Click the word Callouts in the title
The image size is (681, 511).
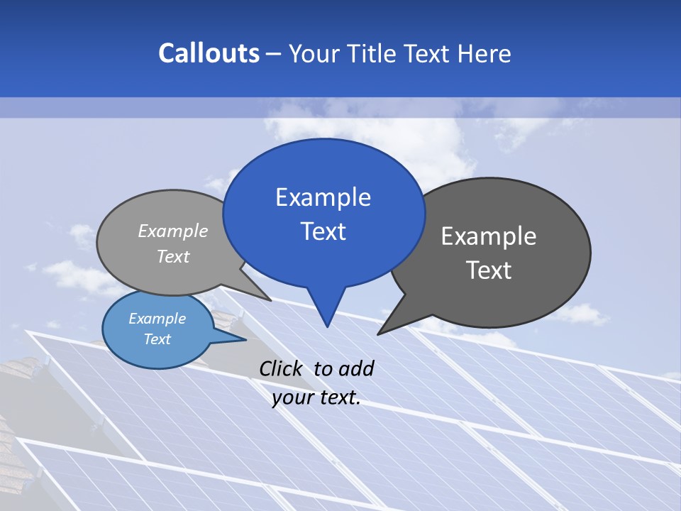click(209, 53)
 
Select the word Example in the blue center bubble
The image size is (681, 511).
click(323, 197)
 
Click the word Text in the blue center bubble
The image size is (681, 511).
click(323, 231)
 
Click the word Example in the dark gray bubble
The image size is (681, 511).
click(489, 236)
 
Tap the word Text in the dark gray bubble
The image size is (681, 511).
click(489, 270)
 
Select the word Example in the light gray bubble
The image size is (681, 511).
click(173, 231)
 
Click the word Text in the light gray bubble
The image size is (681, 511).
click(173, 257)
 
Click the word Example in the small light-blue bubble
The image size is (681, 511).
click(157, 319)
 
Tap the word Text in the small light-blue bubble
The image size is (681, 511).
click(157, 339)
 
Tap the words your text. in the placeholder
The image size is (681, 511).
click(316, 397)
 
